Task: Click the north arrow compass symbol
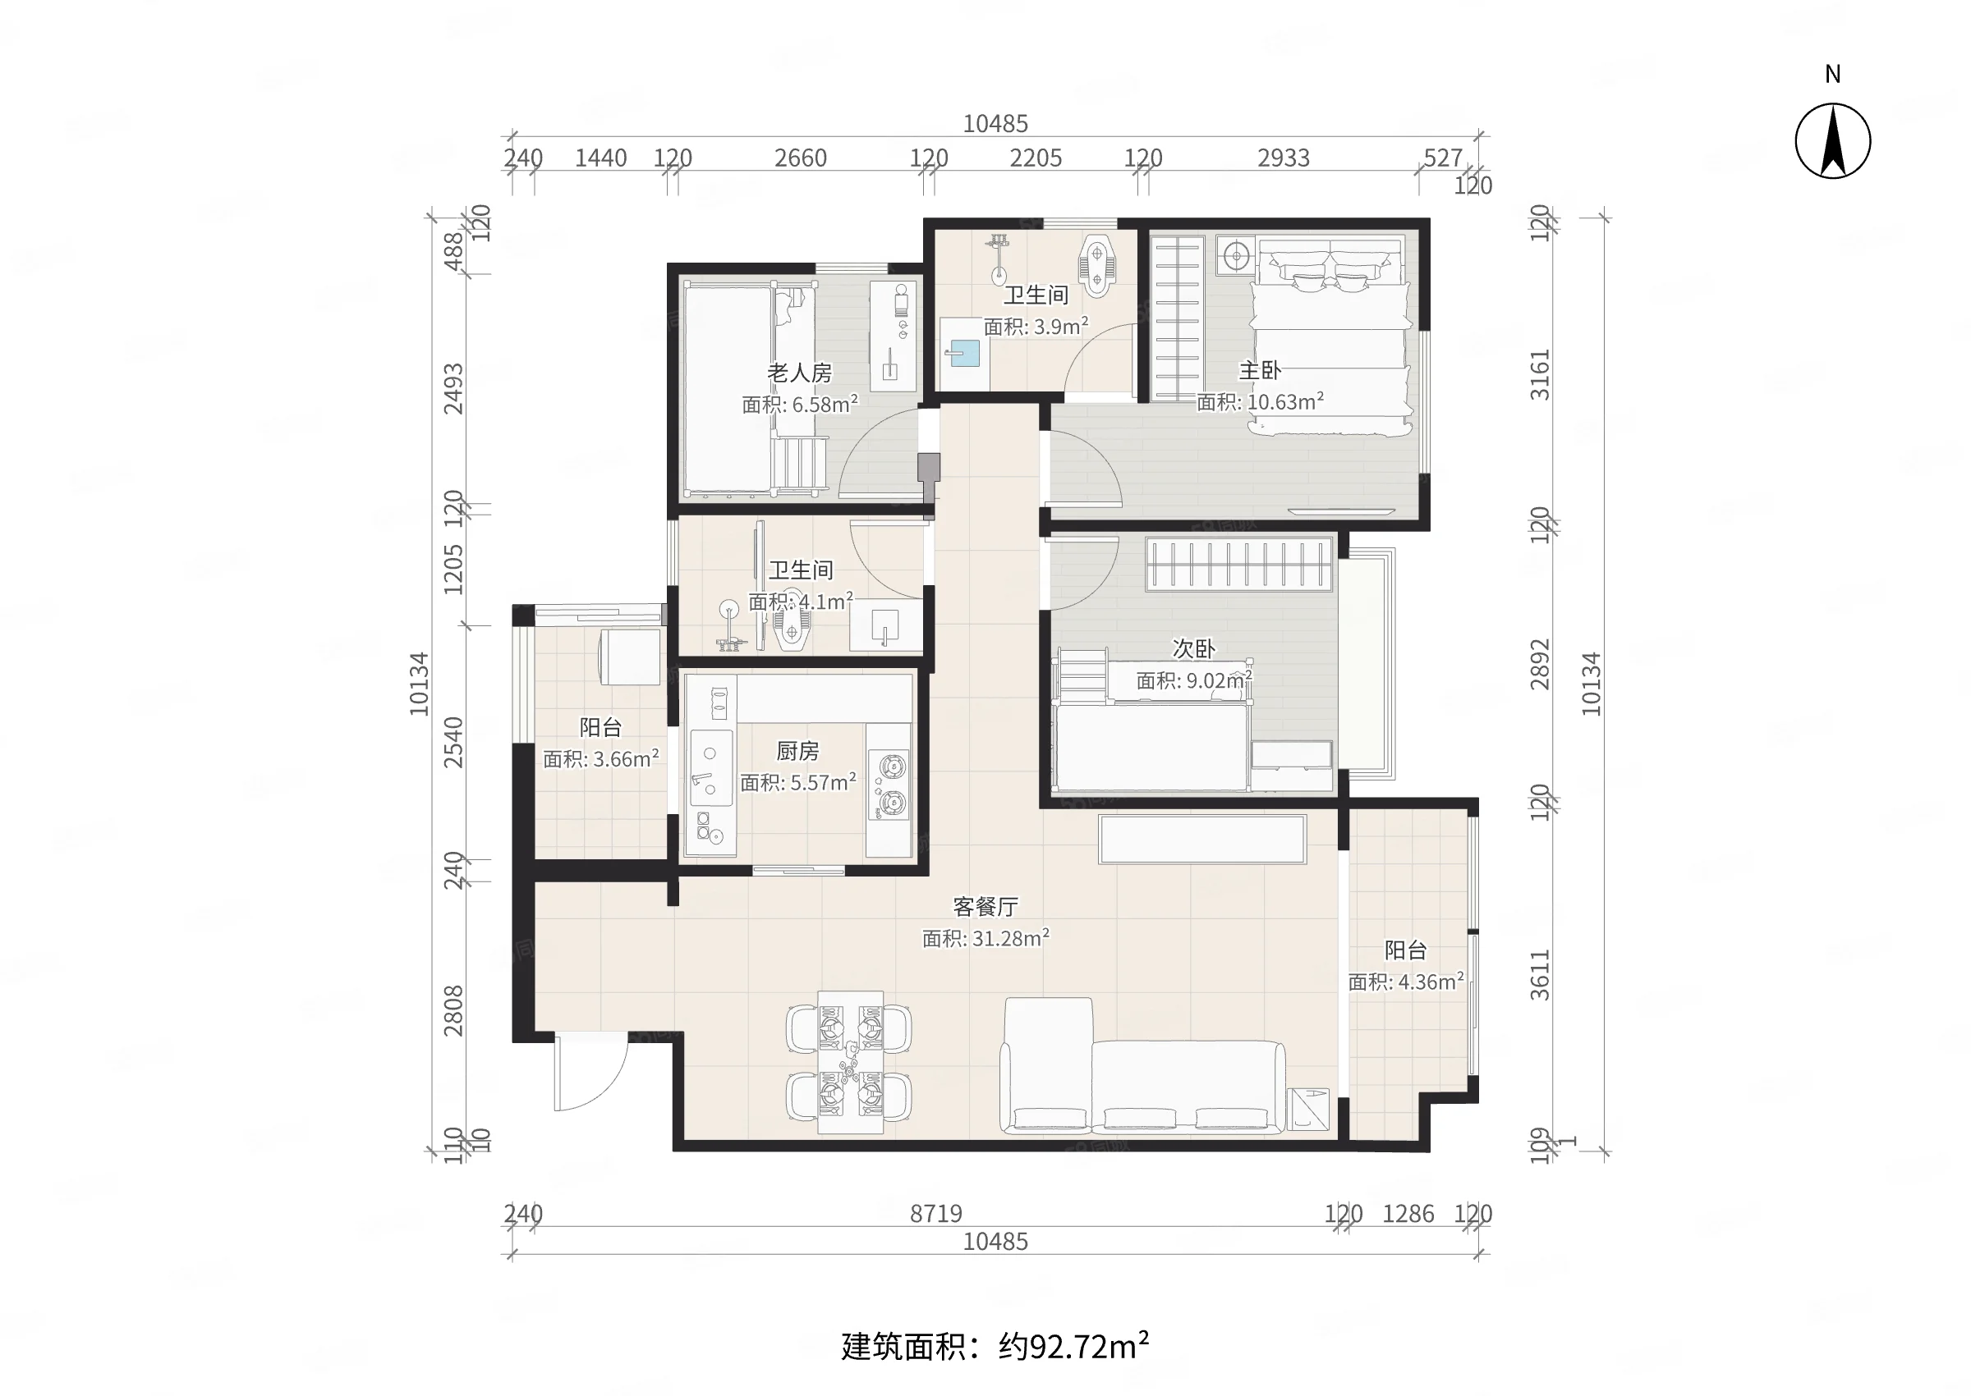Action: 1831,141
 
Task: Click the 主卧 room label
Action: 1259,371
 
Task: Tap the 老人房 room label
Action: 799,373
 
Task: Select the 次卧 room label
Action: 1192,649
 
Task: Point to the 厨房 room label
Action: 797,751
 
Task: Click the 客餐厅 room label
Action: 985,907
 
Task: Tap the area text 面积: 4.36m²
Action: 1405,982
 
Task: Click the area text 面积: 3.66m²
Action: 600,759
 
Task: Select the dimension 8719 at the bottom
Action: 935,1214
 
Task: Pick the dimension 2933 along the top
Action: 1283,158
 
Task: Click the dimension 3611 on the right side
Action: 1539,975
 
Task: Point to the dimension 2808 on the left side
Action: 453,1011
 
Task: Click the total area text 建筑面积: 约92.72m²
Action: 995,1346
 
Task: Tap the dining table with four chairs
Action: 849,1064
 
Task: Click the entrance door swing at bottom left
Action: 589,1074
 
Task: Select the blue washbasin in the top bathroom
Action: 964,352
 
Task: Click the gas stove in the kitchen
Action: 889,784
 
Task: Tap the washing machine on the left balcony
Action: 631,657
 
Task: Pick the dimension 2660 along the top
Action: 800,158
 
